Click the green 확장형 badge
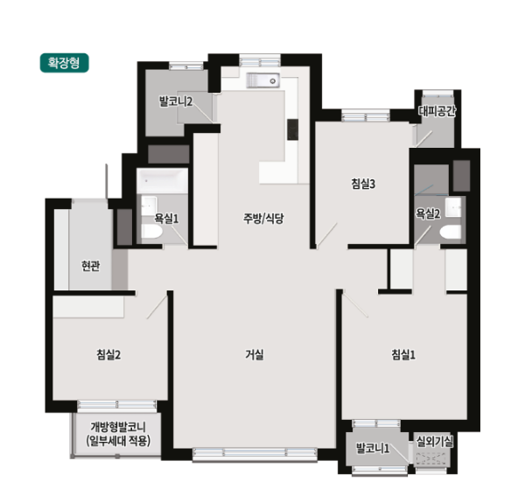[65, 63]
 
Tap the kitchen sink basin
[263, 80]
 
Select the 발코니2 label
[175, 101]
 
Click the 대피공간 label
[437, 111]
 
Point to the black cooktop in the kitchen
[293, 129]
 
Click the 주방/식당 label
[263, 219]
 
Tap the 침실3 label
[363, 184]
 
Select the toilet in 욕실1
[152, 231]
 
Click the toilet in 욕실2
[451, 232]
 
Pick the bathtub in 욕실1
[163, 181]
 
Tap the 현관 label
[90, 266]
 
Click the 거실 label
[255, 354]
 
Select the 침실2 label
[108, 354]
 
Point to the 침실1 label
[403, 354]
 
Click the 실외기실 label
[434, 442]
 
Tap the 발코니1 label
[373, 448]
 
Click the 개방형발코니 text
[118, 427]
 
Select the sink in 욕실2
[453, 207]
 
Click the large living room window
[255, 454]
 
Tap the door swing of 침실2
[157, 307]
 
